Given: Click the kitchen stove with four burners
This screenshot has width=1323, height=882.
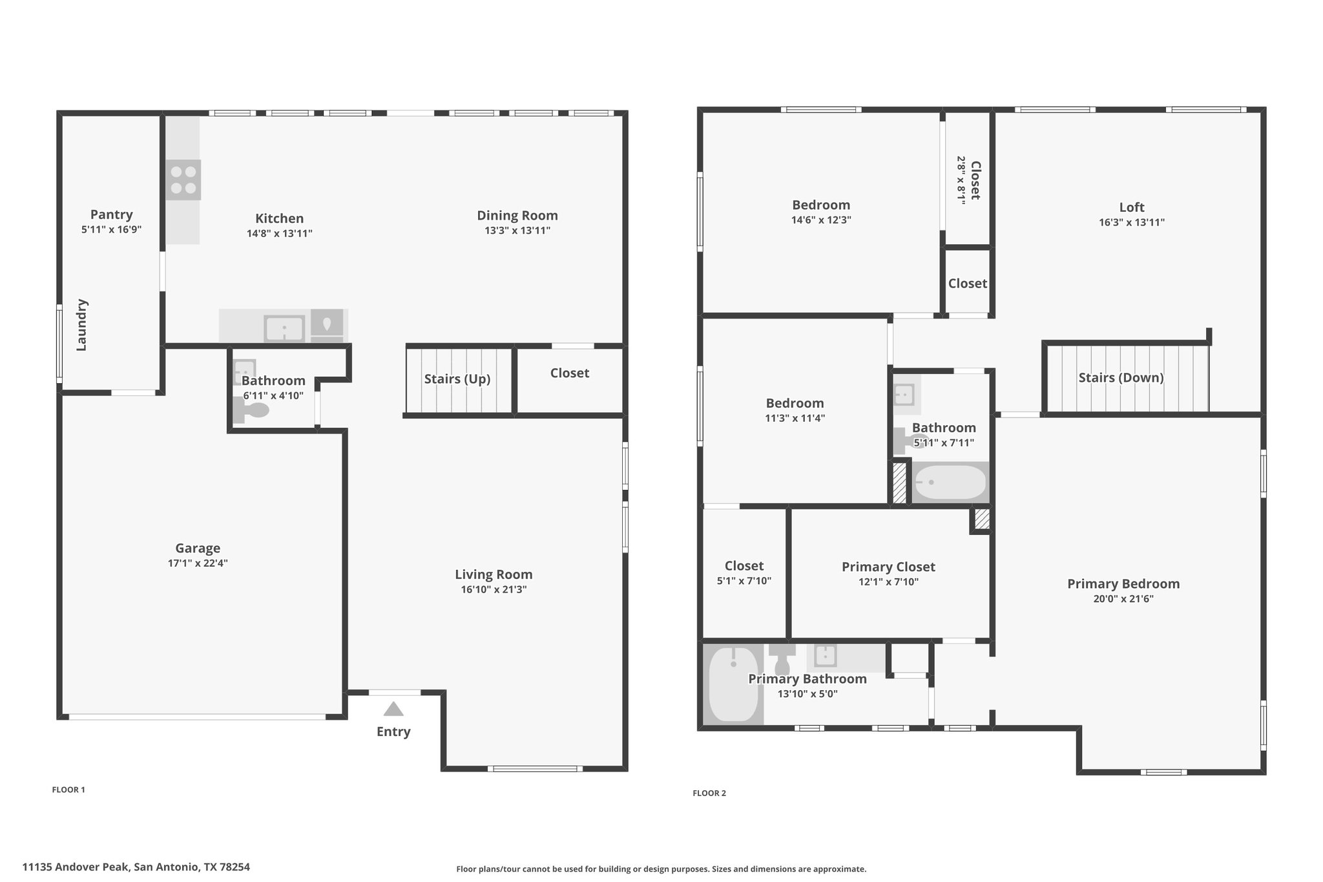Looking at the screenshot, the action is [183, 180].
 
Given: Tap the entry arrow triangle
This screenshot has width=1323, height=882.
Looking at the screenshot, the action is [393, 709].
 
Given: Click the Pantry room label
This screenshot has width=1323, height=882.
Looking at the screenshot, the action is [112, 214].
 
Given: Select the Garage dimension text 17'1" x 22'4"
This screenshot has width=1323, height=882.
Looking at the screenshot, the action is [198, 563].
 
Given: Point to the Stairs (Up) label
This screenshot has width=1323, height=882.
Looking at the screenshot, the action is [457, 379].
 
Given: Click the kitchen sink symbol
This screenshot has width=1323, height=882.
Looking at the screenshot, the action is [284, 328].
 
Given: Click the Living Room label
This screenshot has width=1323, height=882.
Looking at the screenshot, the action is [494, 574].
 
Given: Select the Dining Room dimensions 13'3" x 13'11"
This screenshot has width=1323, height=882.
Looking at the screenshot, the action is [517, 230].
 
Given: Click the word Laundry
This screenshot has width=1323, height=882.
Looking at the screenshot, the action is [81, 324].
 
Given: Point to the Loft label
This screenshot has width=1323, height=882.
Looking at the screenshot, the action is [1132, 207].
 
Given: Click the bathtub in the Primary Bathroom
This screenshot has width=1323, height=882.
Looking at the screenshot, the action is [733, 684].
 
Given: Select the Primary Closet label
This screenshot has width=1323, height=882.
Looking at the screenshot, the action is [888, 567].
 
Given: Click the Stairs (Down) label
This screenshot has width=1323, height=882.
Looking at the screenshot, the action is [1121, 377].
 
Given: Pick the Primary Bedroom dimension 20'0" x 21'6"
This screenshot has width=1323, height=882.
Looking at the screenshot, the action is [1123, 598].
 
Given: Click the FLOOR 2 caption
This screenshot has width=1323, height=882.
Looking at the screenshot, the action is [709, 793].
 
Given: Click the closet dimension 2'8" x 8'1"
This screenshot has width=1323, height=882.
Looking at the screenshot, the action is [961, 180].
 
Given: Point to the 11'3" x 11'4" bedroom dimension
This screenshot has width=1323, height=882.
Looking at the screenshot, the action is [795, 417].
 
